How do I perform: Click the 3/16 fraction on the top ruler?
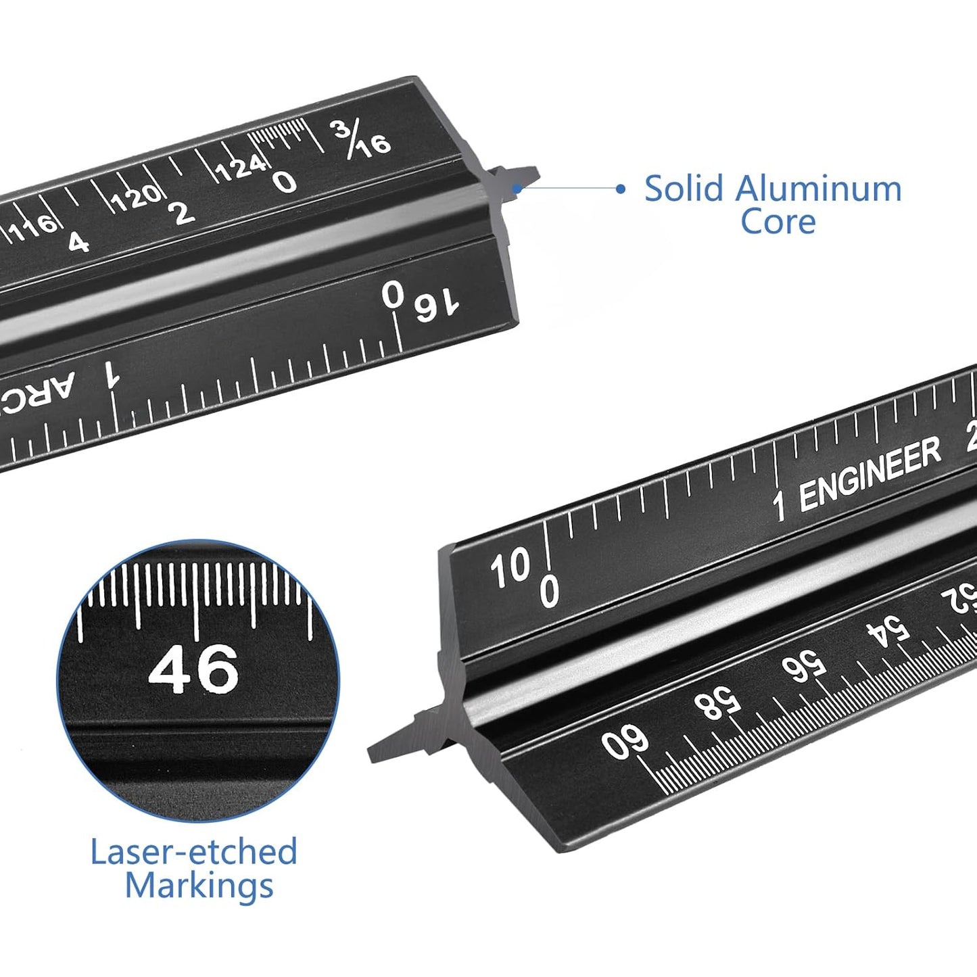[362, 139]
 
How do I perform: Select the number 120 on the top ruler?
[136, 197]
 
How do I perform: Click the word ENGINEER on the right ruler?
[869, 473]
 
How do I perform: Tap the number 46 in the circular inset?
[193, 669]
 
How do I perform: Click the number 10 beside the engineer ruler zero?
[510, 568]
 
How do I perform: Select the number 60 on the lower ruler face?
[625, 742]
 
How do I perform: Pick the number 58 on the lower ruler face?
[717, 703]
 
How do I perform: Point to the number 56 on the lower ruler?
[804, 667]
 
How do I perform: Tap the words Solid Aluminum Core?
[773, 205]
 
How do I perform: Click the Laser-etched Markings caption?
[195, 868]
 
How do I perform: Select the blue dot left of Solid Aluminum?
[621, 189]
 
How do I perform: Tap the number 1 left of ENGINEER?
[780, 505]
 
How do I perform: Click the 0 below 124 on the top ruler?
[285, 181]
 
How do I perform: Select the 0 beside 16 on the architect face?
[393, 295]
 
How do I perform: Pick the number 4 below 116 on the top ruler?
[78, 242]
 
